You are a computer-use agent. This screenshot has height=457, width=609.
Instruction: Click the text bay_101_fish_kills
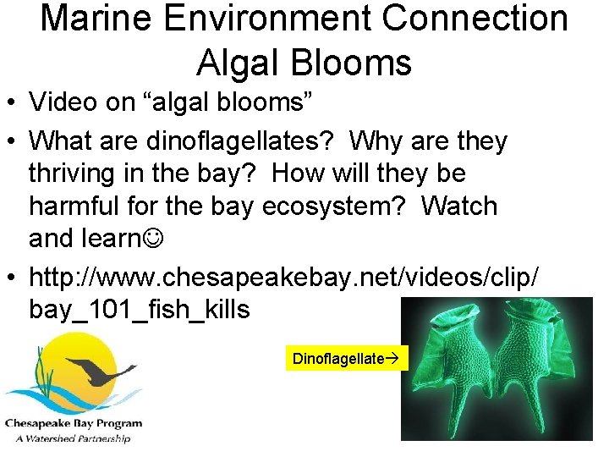[x=140, y=310]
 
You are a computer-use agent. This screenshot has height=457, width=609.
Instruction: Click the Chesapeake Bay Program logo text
[x=74, y=423]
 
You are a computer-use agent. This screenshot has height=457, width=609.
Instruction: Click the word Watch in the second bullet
[x=460, y=206]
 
